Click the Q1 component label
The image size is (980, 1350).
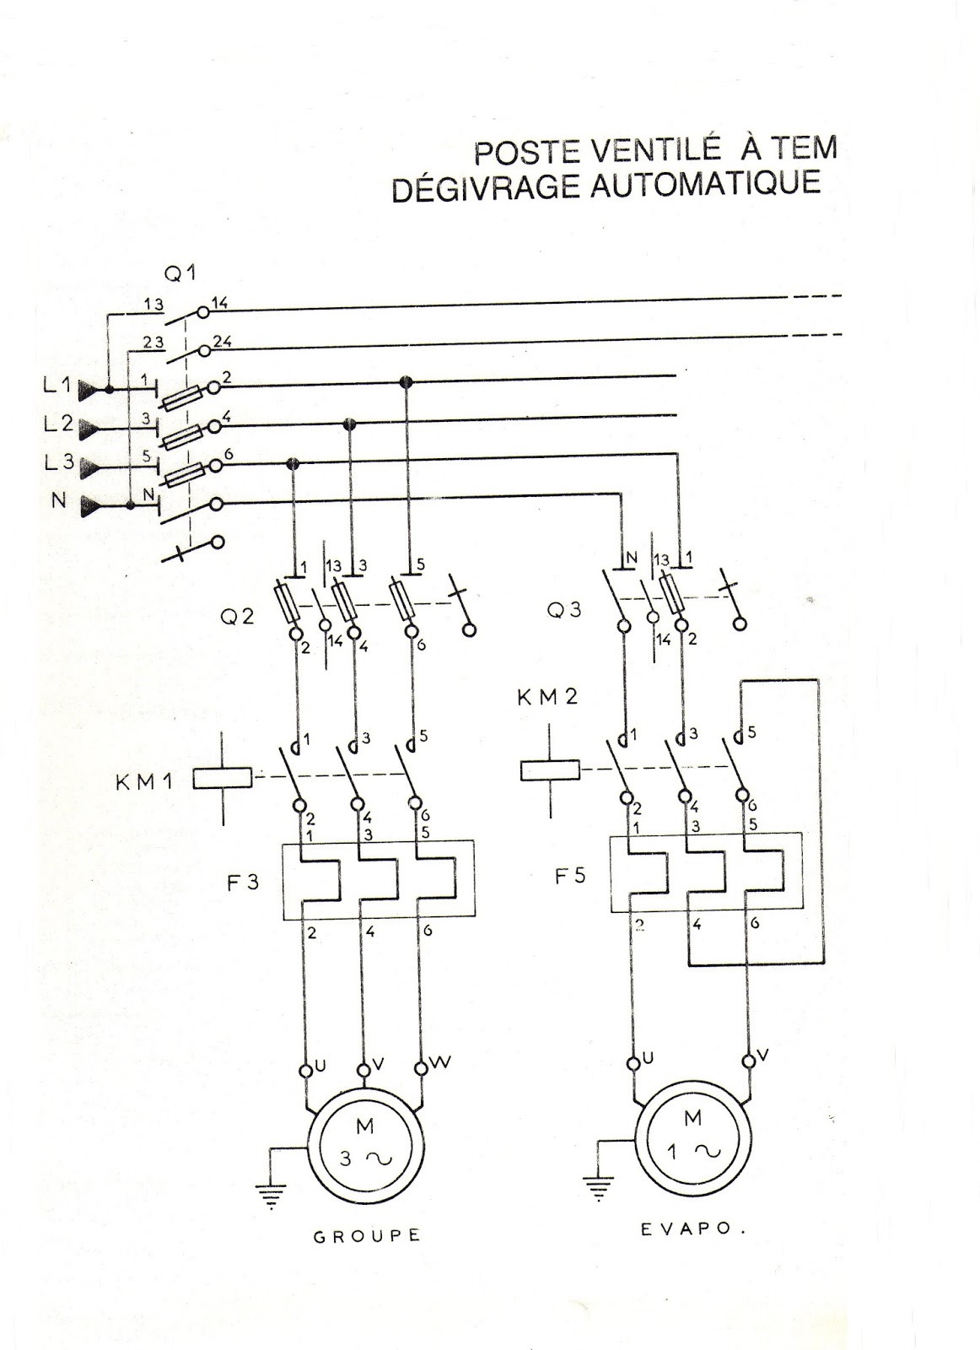click(180, 274)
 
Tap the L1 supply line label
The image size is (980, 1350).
click(58, 386)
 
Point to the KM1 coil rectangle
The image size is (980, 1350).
click(223, 778)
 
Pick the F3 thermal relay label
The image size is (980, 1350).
click(243, 883)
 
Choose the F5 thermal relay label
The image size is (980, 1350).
click(570, 875)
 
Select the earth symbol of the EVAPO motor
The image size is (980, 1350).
click(598, 1186)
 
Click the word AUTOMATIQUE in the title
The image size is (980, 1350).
click(705, 184)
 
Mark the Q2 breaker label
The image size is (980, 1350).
click(237, 617)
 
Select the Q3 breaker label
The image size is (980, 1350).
click(564, 610)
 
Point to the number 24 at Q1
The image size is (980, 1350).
click(223, 342)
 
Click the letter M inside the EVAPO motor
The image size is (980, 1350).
click(692, 1119)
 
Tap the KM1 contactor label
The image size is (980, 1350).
click(144, 782)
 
